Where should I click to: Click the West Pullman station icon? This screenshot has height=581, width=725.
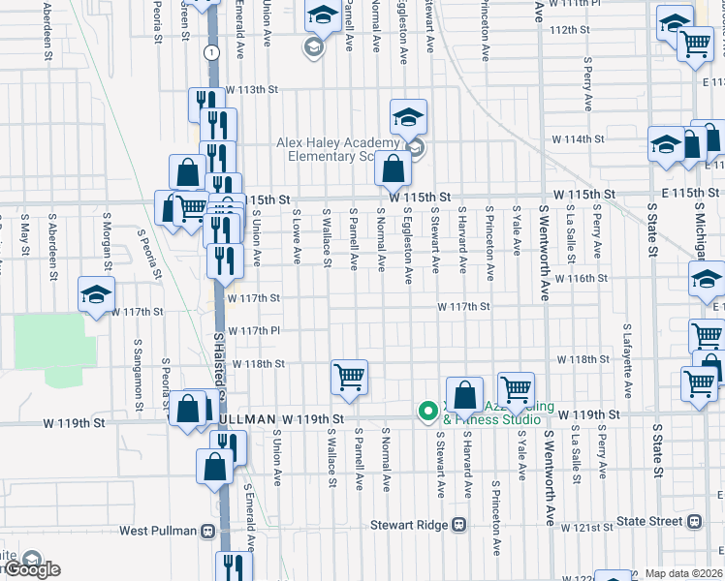click(206, 531)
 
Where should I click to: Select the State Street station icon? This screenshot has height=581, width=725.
click(694, 521)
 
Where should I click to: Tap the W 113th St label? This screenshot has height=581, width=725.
click(251, 89)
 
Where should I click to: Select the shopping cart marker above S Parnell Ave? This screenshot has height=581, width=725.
click(349, 377)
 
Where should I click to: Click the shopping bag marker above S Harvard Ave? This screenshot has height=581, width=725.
click(465, 394)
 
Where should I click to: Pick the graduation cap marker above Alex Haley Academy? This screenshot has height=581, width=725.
click(409, 118)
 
